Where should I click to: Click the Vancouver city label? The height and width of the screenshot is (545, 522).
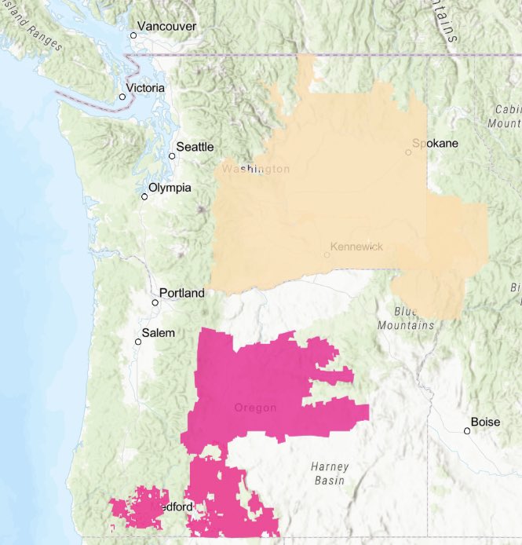(x=169, y=27)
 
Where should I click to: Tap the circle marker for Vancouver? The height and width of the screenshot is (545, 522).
(x=133, y=35)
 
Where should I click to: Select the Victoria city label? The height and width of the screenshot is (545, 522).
(x=147, y=88)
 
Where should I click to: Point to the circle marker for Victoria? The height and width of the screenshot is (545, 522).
(x=122, y=97)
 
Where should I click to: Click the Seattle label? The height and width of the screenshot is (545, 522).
(x=195, y=147)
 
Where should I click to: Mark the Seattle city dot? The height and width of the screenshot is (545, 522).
(x=173, y=155)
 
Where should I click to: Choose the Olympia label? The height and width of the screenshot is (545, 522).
(x=170, y=188)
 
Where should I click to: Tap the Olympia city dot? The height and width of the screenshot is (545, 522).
(x=144, y=196)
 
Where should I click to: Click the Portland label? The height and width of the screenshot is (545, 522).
(x=181, y=293)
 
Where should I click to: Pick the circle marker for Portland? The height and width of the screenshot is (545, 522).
(x=155, y=302)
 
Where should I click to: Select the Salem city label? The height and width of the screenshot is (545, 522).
(x=159, y=333)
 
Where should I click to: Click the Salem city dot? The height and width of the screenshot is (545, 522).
(x=137, y=342)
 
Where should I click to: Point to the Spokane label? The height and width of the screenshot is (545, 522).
(x=436, y=143)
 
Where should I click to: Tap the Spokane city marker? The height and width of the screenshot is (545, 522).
(x=408, y=152)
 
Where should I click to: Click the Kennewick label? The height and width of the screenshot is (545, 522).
(x=357, y=247)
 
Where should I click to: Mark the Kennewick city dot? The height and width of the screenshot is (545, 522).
(x=327, y=254)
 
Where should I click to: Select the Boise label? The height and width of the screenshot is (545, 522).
(x=485, y=422)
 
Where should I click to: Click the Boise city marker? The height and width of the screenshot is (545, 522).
(x=467, y=430)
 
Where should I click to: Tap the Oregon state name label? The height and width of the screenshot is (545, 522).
(x=256, y=408)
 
